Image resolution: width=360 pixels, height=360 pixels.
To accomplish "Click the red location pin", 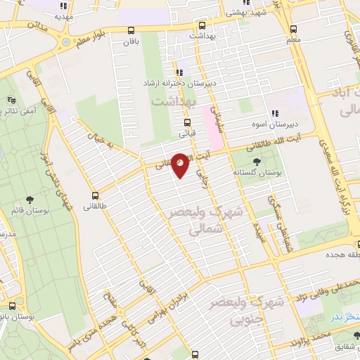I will (181, 165).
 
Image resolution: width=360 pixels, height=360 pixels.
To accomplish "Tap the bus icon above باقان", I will (131, 30).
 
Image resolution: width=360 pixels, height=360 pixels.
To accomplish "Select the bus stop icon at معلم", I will (294, 30).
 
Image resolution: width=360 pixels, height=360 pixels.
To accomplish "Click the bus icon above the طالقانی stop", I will (95, 196).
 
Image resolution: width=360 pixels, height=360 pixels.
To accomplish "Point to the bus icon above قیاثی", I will (186, 122).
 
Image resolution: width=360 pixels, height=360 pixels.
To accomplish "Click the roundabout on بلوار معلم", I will (67, 41).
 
